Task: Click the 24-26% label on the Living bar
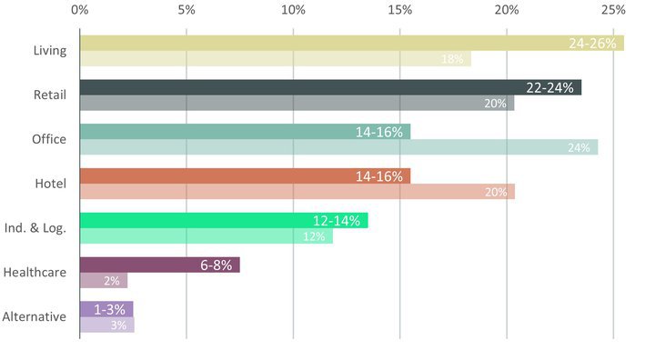(x=592, y=44)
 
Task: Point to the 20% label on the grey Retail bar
(x=495, y=104)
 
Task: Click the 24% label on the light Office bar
(x=579, y=147)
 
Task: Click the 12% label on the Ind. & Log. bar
(x=314, y=236)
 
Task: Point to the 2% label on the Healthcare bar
(x=112, y=281)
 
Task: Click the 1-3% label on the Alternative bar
(x=109, y=310)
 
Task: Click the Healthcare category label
(x=35, y=272)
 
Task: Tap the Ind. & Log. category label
(x=35, y=228)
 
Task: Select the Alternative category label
(x=35, y=316)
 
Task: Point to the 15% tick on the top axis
(x=400, y=10)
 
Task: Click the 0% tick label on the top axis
(x=79, y=10)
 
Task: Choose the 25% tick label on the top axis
(x=613, y=10)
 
